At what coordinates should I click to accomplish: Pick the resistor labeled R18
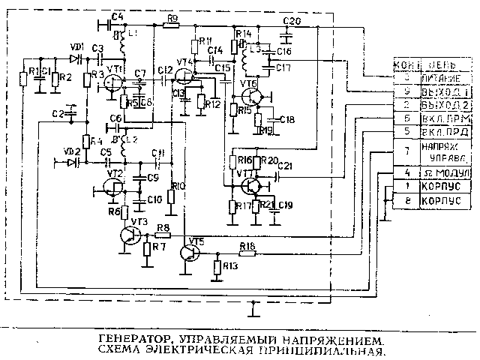coord(248,253)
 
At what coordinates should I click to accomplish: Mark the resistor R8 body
coord(163,234)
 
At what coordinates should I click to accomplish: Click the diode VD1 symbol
coord(75,57)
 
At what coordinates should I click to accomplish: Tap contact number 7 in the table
coord(405,151)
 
